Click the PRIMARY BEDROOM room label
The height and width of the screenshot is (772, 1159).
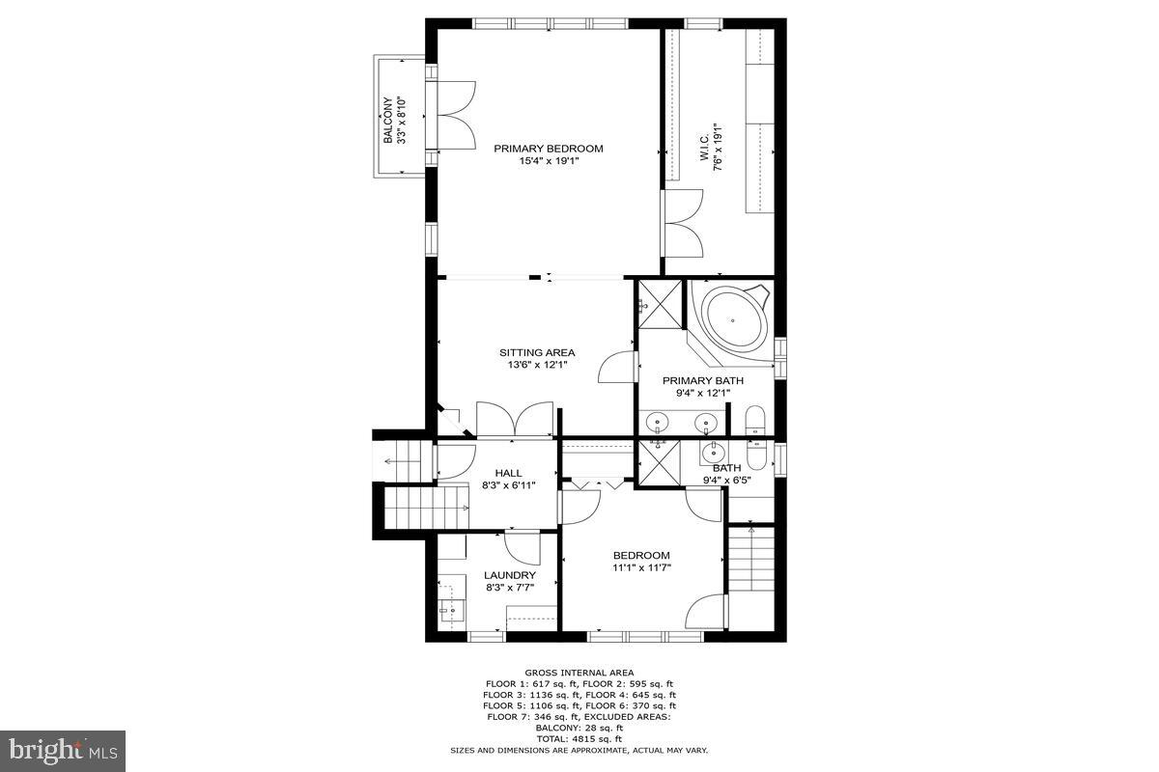(548, 149)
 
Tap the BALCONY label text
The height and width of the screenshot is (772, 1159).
(387, 121)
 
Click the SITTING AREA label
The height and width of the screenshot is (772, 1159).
(537, 352)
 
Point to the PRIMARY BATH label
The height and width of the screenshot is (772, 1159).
(703, 380)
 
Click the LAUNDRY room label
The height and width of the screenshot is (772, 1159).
(509, 575)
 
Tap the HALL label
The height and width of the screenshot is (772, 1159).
(508, 473)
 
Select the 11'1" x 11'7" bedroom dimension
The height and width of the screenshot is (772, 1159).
(641, 567)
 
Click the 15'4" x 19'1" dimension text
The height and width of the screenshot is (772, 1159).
(548, 161)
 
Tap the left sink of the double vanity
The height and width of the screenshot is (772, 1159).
(659, 422)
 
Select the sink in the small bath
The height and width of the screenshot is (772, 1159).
(715, 453)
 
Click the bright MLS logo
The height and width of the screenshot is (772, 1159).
(63, 751)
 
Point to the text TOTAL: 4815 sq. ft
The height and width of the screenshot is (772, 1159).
(579, 739)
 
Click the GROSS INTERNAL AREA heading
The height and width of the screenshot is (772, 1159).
(579, 672)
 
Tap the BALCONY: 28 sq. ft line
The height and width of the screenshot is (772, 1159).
(579, 728)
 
